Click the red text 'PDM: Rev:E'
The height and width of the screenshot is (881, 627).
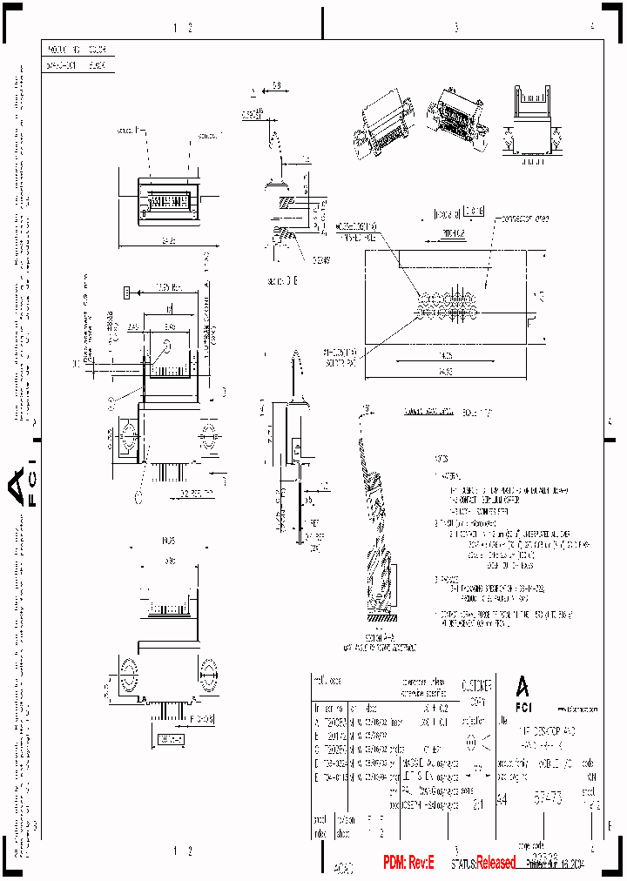coord(415,862)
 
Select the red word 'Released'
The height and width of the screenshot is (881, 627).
coord(496,863)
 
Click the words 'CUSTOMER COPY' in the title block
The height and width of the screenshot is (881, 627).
coord(475,692)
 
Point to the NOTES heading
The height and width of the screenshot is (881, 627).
coord(442,459)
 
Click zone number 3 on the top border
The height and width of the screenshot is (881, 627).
coord(455,27)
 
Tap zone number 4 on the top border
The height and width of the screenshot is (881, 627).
coord(592,27)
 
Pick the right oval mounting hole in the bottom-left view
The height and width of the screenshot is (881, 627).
coord(208,673)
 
